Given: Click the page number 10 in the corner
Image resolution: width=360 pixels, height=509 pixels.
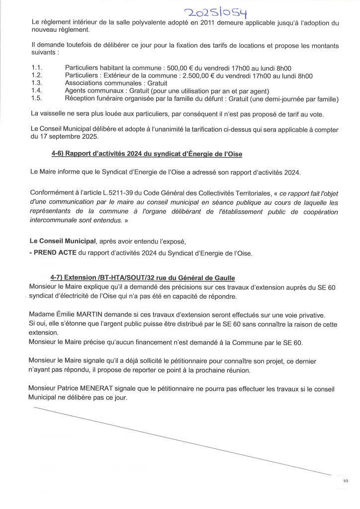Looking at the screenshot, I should [345, 481].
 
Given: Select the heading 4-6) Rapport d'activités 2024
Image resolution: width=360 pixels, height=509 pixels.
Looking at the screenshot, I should [147, 154].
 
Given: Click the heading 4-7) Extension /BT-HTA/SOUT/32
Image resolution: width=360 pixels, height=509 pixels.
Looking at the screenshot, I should [143, 277].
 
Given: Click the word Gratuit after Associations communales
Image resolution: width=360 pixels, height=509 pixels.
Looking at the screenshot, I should [157, 83].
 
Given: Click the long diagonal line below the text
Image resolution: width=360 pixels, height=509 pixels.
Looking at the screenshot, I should [181, 440].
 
